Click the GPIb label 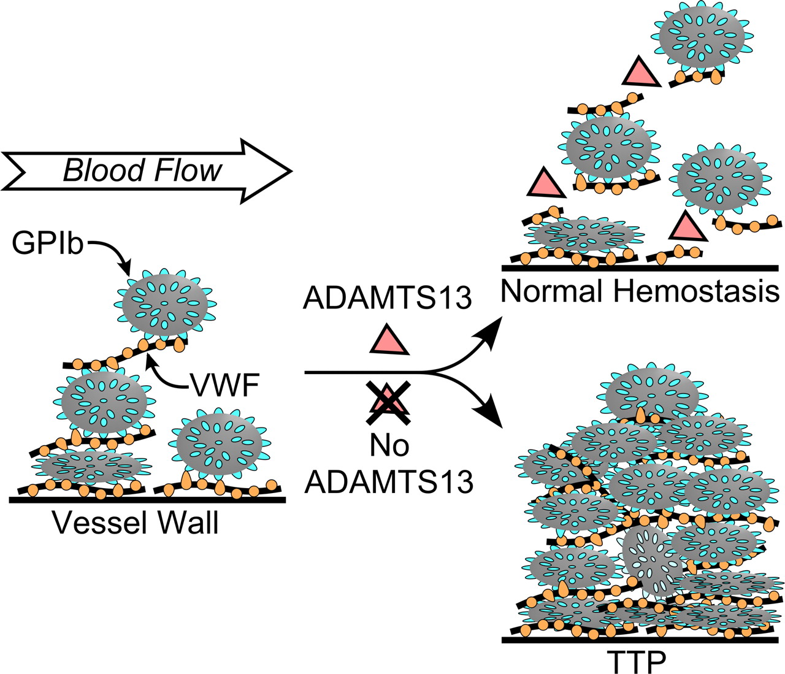48,243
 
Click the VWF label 226,385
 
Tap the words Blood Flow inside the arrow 142,170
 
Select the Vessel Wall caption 135,523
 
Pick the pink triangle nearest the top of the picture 641,72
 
